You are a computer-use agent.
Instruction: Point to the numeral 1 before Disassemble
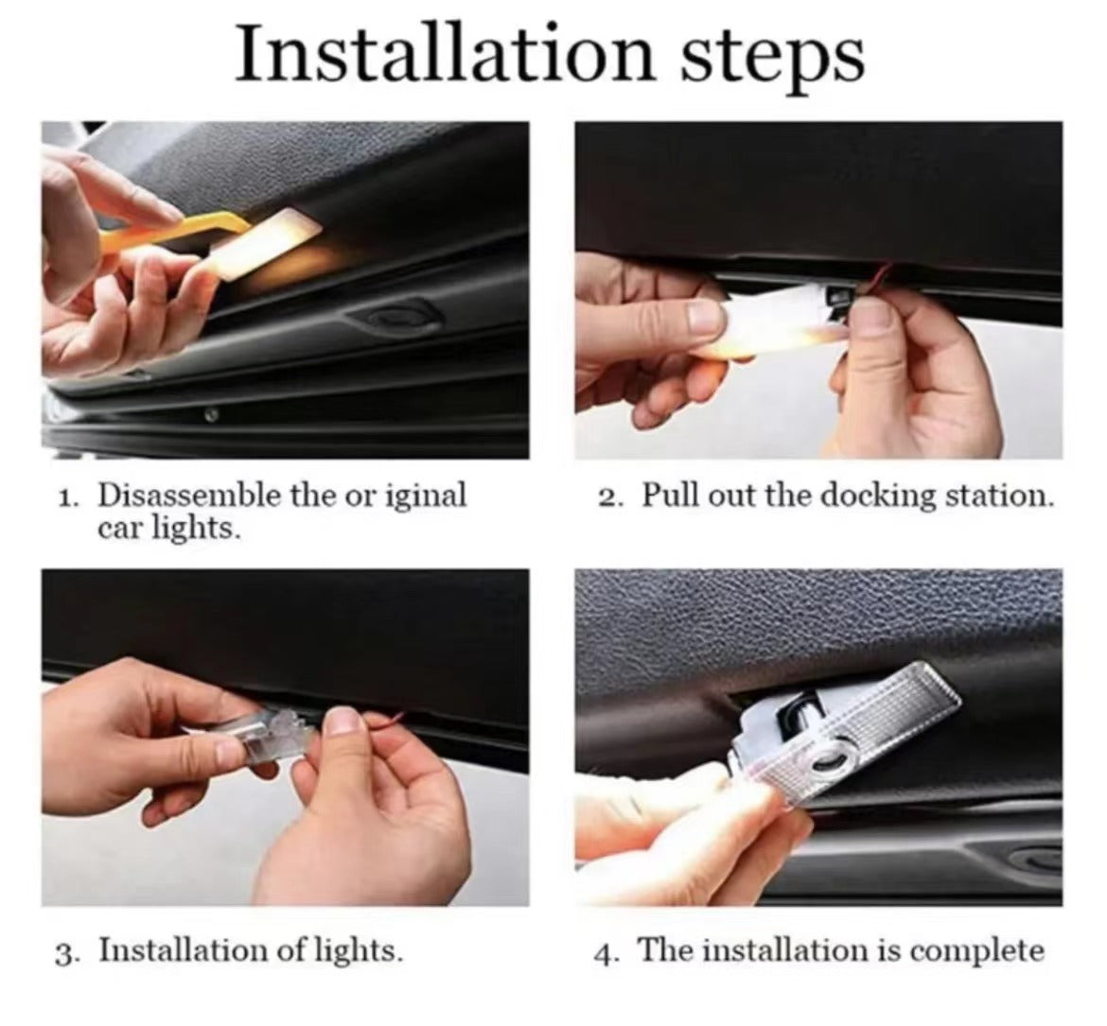[x=67, y=498]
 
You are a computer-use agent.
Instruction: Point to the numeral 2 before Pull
[x=608, y=498]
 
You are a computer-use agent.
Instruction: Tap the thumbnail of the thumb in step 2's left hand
[x=705, y=316]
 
